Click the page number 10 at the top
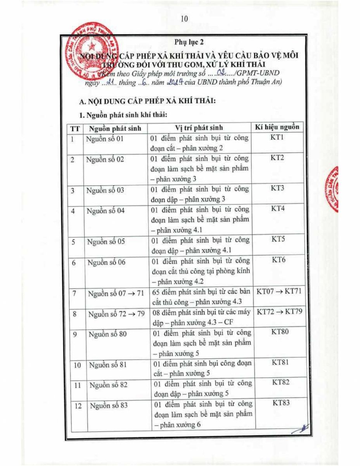(x=184, y=19)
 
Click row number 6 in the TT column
(x=74, y=263)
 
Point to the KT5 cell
(x=278, y=239)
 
